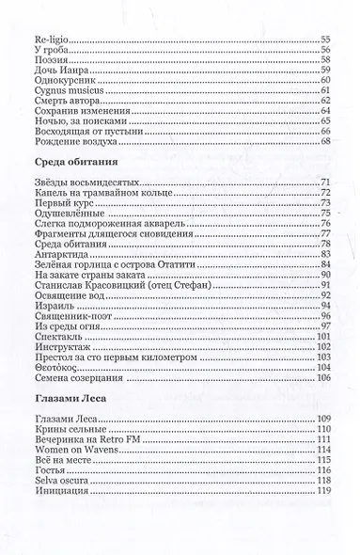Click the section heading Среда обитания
64,165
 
